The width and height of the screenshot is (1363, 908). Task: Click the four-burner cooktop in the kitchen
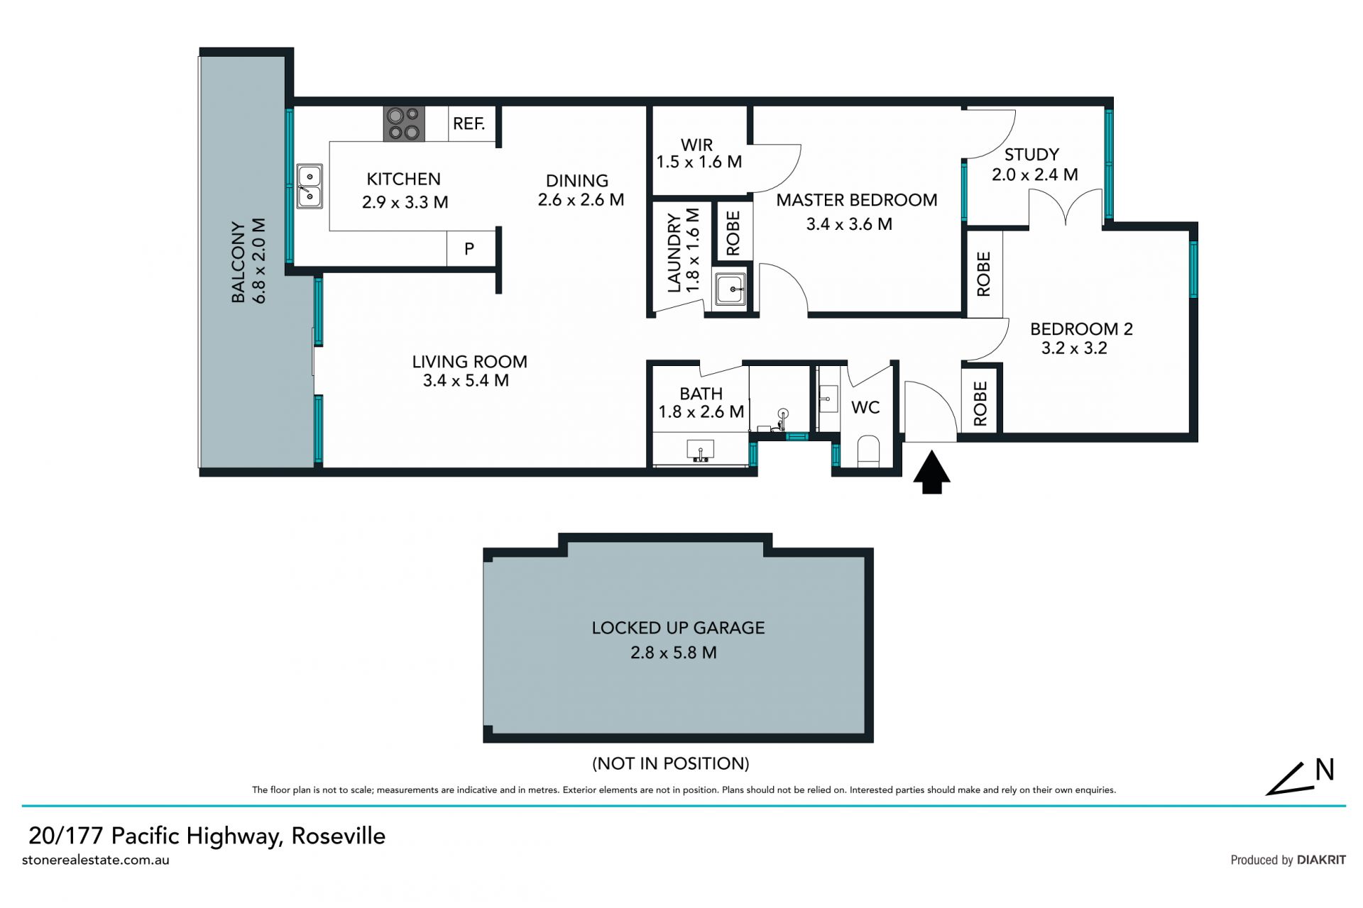tap(405, 123)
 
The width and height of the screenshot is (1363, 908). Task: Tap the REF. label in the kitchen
tap(469, 124)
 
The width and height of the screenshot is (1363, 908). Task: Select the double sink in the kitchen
tap(310, 186)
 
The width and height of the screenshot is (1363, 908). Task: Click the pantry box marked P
tap(469, 249)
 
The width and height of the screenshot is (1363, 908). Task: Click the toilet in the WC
tap(869, 452)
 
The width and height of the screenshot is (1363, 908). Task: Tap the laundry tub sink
tap(730, 289)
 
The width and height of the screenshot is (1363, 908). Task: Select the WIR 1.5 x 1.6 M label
tap(699, 153)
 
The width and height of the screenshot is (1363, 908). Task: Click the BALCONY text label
tap(239, 262)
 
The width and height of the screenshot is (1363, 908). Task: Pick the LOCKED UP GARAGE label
tap(678, 628)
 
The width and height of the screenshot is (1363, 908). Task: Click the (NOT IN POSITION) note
tap(671, 763)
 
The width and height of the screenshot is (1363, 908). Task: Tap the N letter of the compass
tap(1325, 770)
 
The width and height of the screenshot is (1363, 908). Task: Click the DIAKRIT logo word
tap(1321, 860)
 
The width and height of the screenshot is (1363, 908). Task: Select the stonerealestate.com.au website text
tap(96, 860)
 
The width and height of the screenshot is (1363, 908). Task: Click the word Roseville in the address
tap(339, 836)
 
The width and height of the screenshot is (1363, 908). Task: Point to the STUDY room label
tap(1031, 155)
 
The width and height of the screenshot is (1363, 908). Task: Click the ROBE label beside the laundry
tap(733, 233)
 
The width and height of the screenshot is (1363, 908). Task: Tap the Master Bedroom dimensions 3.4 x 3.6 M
tap(849, 224)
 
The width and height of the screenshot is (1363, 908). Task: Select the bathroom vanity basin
tap(701, 450)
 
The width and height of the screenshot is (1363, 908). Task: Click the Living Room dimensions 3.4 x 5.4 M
tap(466, 381)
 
